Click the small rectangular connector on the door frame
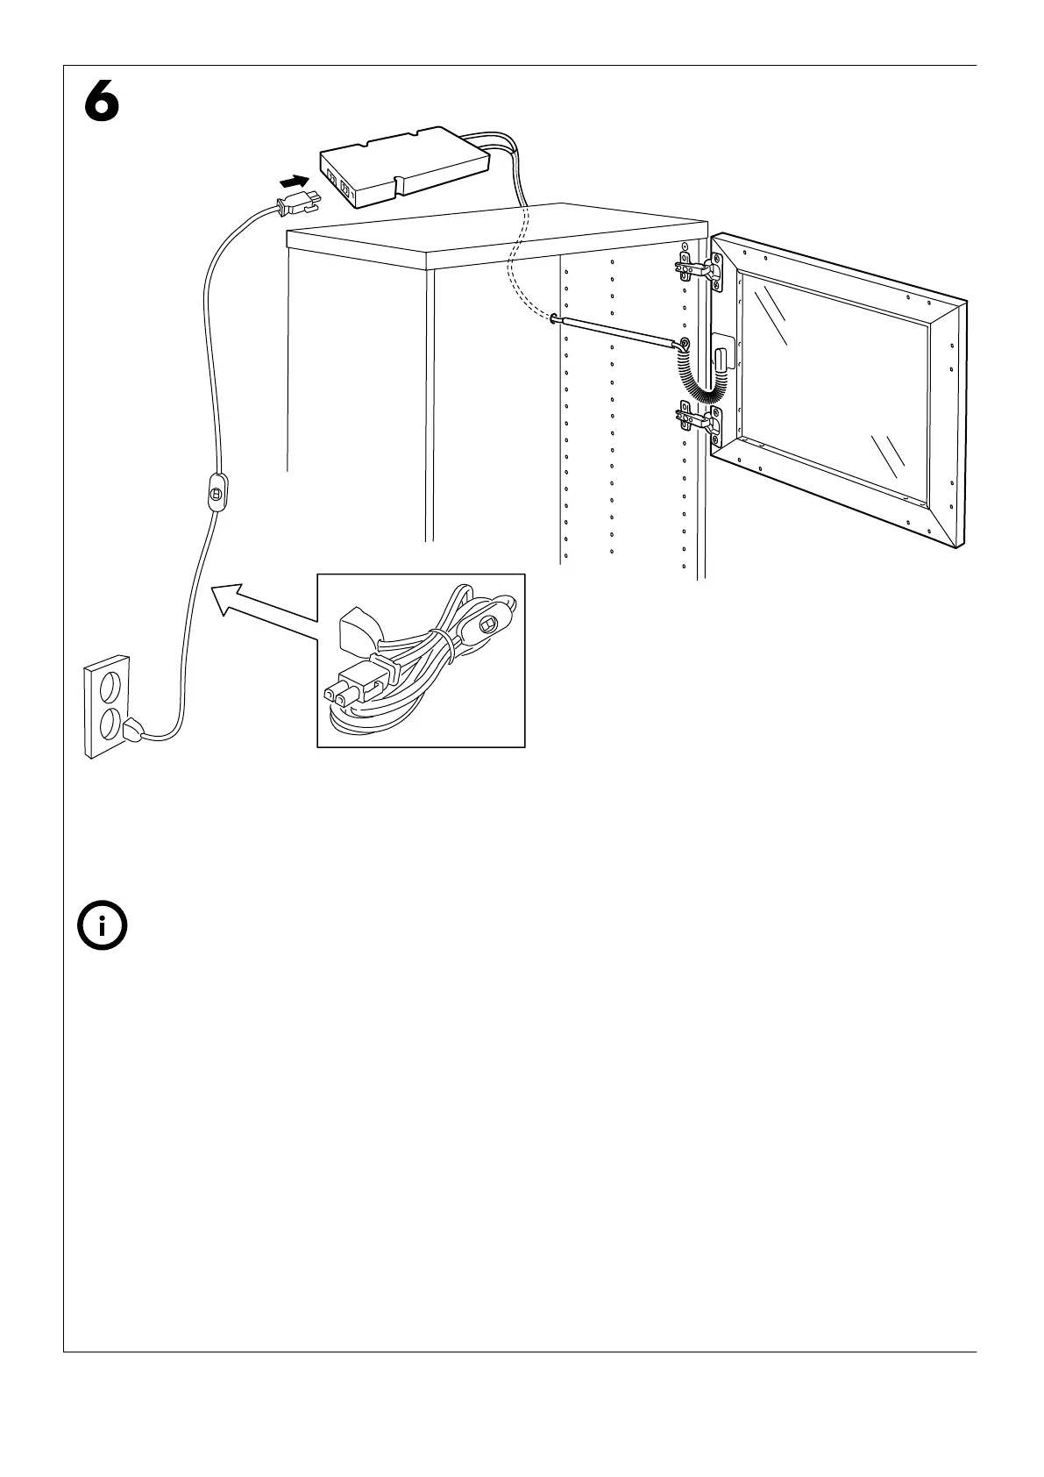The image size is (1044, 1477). (x=721, y=357)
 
